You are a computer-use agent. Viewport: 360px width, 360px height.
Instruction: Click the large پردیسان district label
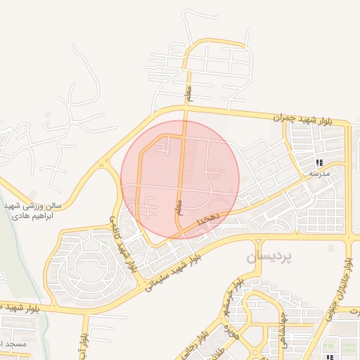click(269, 258)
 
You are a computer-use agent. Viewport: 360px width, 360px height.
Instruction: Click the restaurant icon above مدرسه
click(319, 161)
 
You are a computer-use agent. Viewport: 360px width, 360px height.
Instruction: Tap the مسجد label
click(15, 343)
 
